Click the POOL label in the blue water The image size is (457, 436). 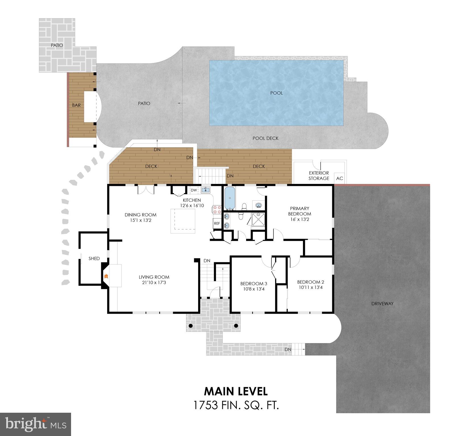coord(276,93)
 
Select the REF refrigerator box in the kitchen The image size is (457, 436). coord(217,223)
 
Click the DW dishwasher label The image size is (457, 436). coord(194,190)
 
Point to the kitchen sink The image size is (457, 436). coord(205,190)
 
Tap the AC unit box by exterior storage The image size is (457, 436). coord(340,178)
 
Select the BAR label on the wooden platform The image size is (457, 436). coord(76,105)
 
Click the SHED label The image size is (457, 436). coord(94,258)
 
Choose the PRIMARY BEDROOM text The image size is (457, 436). coord(300,211)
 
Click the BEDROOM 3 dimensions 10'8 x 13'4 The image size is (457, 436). coord(254,289)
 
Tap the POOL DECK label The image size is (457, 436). coord(265,138)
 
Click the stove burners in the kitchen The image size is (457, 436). coord(216,209)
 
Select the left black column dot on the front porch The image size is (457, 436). coord(191,325)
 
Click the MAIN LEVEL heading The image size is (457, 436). coord(236,391)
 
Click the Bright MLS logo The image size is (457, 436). coord(36,424)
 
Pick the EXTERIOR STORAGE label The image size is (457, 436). coord(319,175)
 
